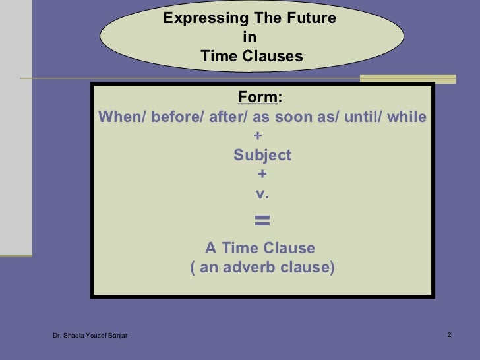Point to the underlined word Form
[258, 98]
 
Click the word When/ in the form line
[122, 117]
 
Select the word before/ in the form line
[178, 117]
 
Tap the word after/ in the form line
[228, 117]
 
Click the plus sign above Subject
[258, 136]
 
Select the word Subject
[262, 156]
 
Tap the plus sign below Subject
[262, 175]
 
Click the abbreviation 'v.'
[262, 194]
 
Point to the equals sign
[262, 221]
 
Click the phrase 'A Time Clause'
[260, 249]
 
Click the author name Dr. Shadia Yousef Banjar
[90, 336]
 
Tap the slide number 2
[449, 336]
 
